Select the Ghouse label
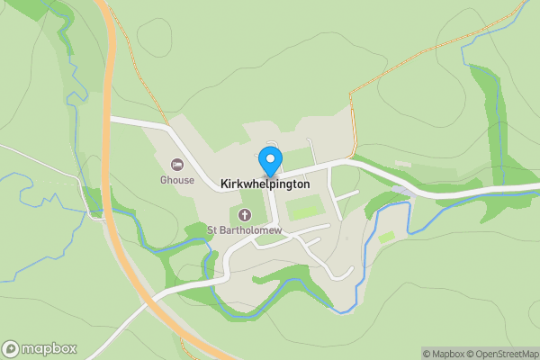point(177,180)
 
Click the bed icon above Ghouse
point(177,165)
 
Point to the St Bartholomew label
point(246,231)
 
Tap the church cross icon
point(246,215)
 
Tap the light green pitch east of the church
point(304,212)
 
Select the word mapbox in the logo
point(49,349)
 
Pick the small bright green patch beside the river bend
point(386,237)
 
